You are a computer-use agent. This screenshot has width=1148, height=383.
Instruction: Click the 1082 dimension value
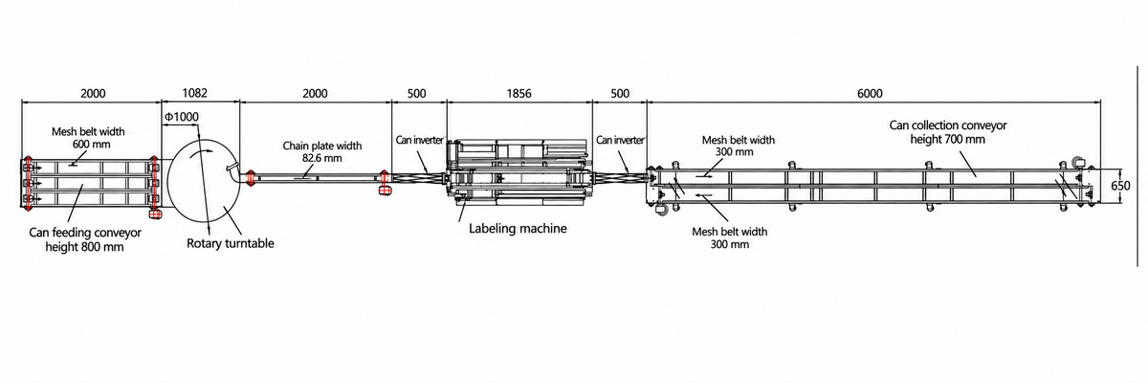pyautogui.click(x=195, y=93)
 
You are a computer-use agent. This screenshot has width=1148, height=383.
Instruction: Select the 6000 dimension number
pyautogui.click(x=870, y=93)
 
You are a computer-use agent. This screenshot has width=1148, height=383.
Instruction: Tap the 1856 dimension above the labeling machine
pyautogui.click(x=519, y=93)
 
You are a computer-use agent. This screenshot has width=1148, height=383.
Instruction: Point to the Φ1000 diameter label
pyautogui.click(x=182, y=117)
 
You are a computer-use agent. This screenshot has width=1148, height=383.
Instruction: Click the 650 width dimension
pyautogui.click(x=1120, y=185)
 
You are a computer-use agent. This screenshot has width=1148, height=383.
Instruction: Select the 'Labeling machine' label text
pyautogui.click(x=518, y=228)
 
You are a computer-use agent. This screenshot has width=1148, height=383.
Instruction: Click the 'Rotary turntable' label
pyautogui.click(x=231, y=243)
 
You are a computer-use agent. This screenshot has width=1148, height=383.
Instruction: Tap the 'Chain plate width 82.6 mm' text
pyautogui.click(x=321, y=152)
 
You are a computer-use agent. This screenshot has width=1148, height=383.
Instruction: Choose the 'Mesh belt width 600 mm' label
pyautogui.click(x=88, y=138)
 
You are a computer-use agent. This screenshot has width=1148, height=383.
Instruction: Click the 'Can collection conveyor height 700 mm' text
pyautogui.click(x=948, y=132)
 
